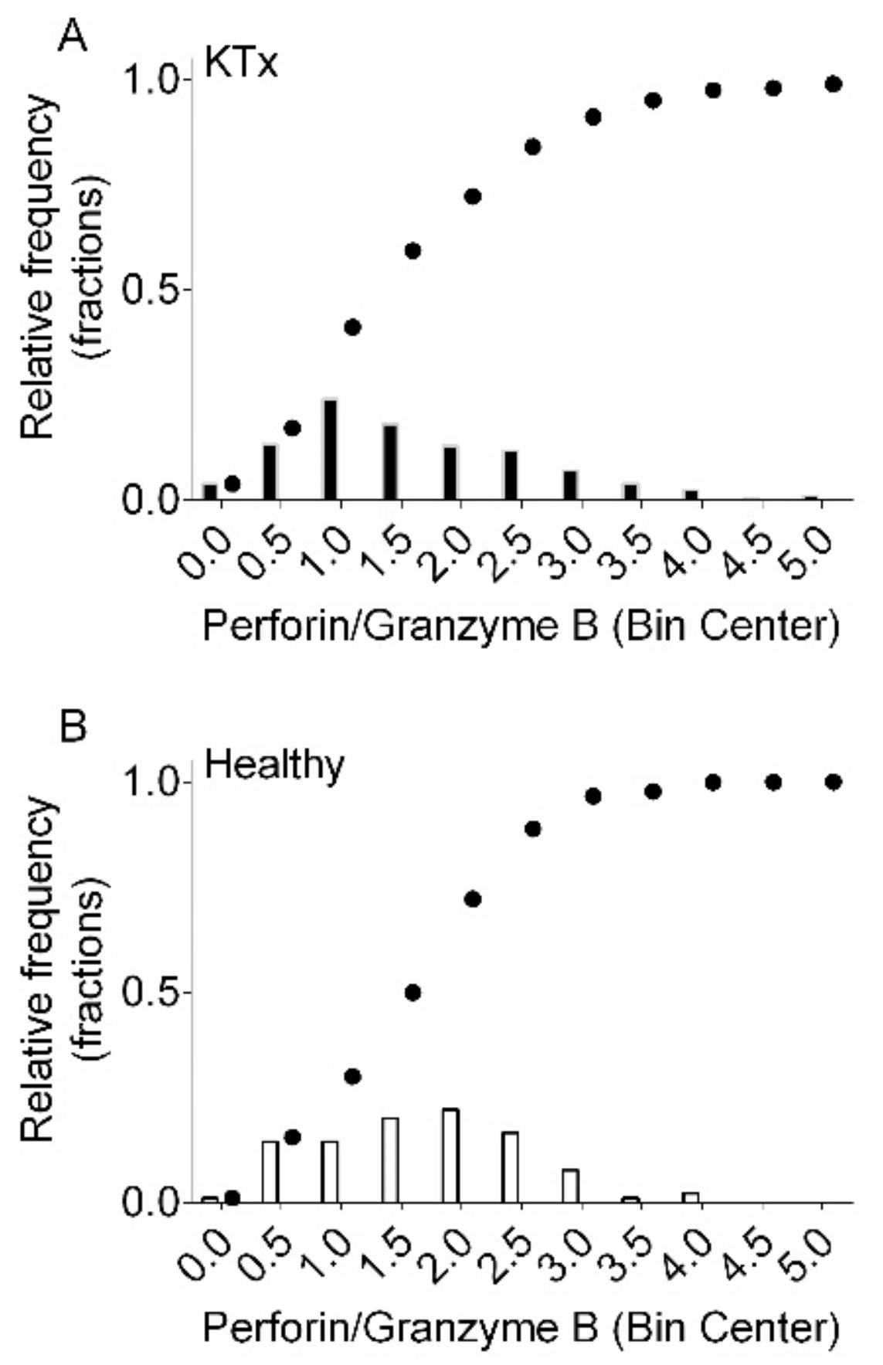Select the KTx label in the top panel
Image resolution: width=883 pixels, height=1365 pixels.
coord(240,63)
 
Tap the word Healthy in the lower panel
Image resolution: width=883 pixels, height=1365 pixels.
coord(274,766)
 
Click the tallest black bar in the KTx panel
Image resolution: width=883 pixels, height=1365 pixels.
coord(331,450)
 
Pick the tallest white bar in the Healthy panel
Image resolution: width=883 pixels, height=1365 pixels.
coord(450,1155)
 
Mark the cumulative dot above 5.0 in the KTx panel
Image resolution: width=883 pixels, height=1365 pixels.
coord(833,83)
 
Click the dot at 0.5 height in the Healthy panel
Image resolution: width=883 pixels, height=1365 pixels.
coord(413,992)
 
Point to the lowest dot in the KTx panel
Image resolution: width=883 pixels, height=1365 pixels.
coord(232,484)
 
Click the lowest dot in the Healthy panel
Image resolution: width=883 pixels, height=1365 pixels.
coord(232,1198)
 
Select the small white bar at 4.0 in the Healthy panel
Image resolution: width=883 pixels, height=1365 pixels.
coord(691,1197)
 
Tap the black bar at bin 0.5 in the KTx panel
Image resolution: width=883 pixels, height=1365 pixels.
coord(270,472)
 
